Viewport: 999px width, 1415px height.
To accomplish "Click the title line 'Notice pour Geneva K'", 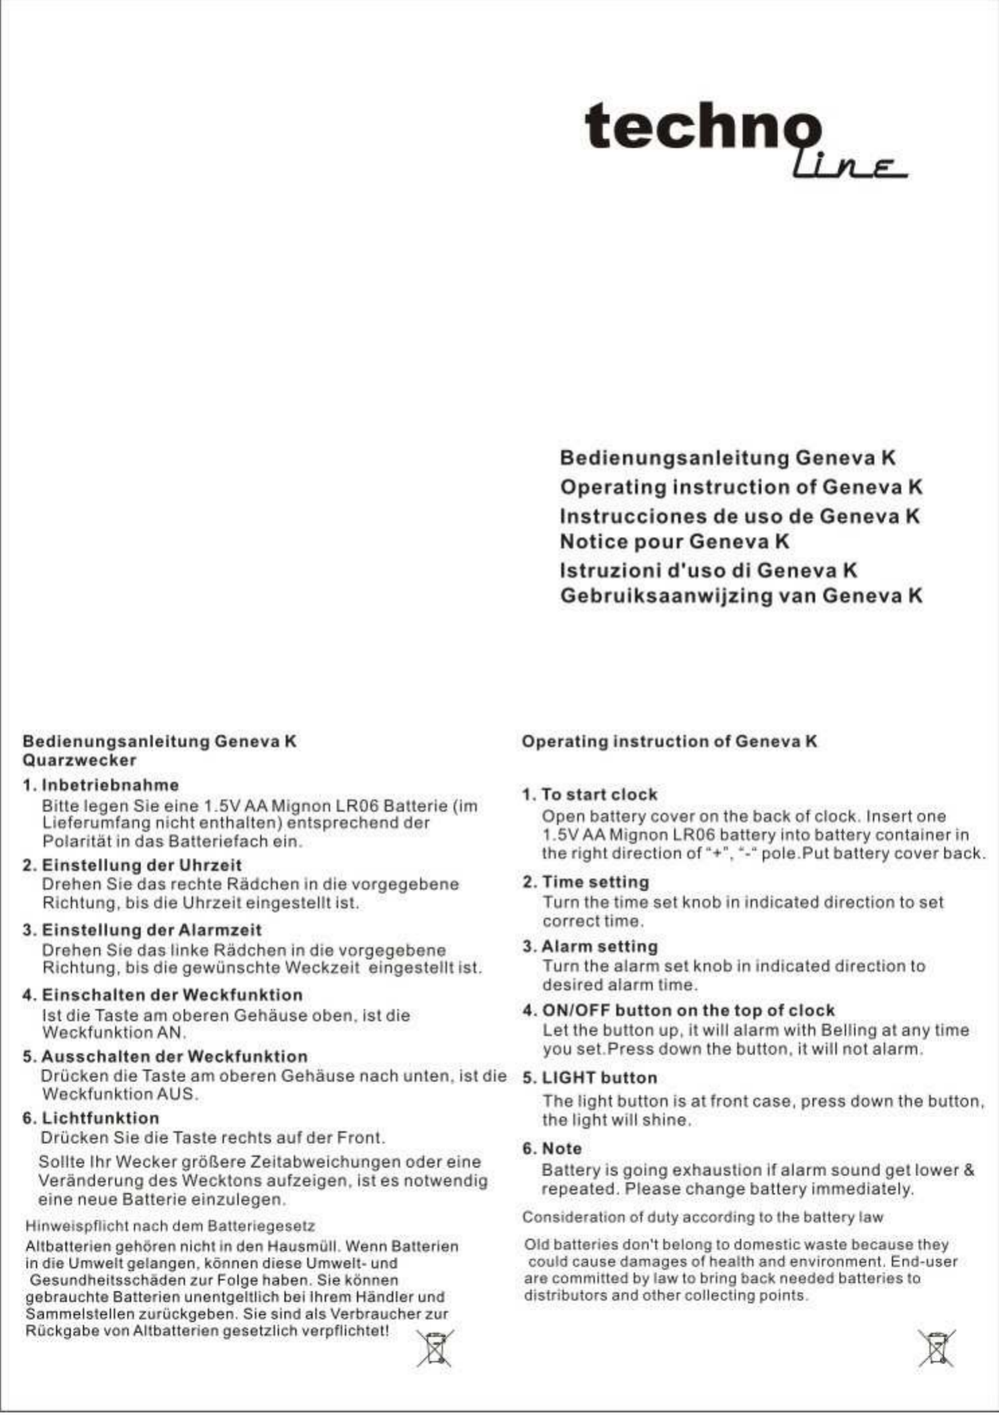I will pos(674,542).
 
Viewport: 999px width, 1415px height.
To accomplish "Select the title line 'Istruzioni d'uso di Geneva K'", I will pos(708,570).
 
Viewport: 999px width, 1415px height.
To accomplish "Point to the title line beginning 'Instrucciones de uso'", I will pos(740,516).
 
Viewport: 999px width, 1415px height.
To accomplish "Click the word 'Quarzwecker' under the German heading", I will pos(80,760).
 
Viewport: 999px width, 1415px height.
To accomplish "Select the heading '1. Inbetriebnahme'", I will pos(100,785).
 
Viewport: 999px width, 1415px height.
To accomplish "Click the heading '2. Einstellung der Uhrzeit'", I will pos(132,865).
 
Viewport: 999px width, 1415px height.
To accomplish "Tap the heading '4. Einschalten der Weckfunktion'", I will pos(162,995).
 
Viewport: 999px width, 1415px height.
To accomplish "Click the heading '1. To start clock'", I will pos(590,794).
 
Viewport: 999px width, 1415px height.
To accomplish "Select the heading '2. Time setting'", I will pos(586,882).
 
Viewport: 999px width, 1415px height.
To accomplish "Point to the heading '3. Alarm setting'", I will pos(590,946).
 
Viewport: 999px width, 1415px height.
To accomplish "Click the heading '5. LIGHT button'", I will pos(590,1078).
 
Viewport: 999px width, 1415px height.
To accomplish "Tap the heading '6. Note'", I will pos(552,1149).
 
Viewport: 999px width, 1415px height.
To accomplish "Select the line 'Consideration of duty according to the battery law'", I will pos(703,1217).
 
